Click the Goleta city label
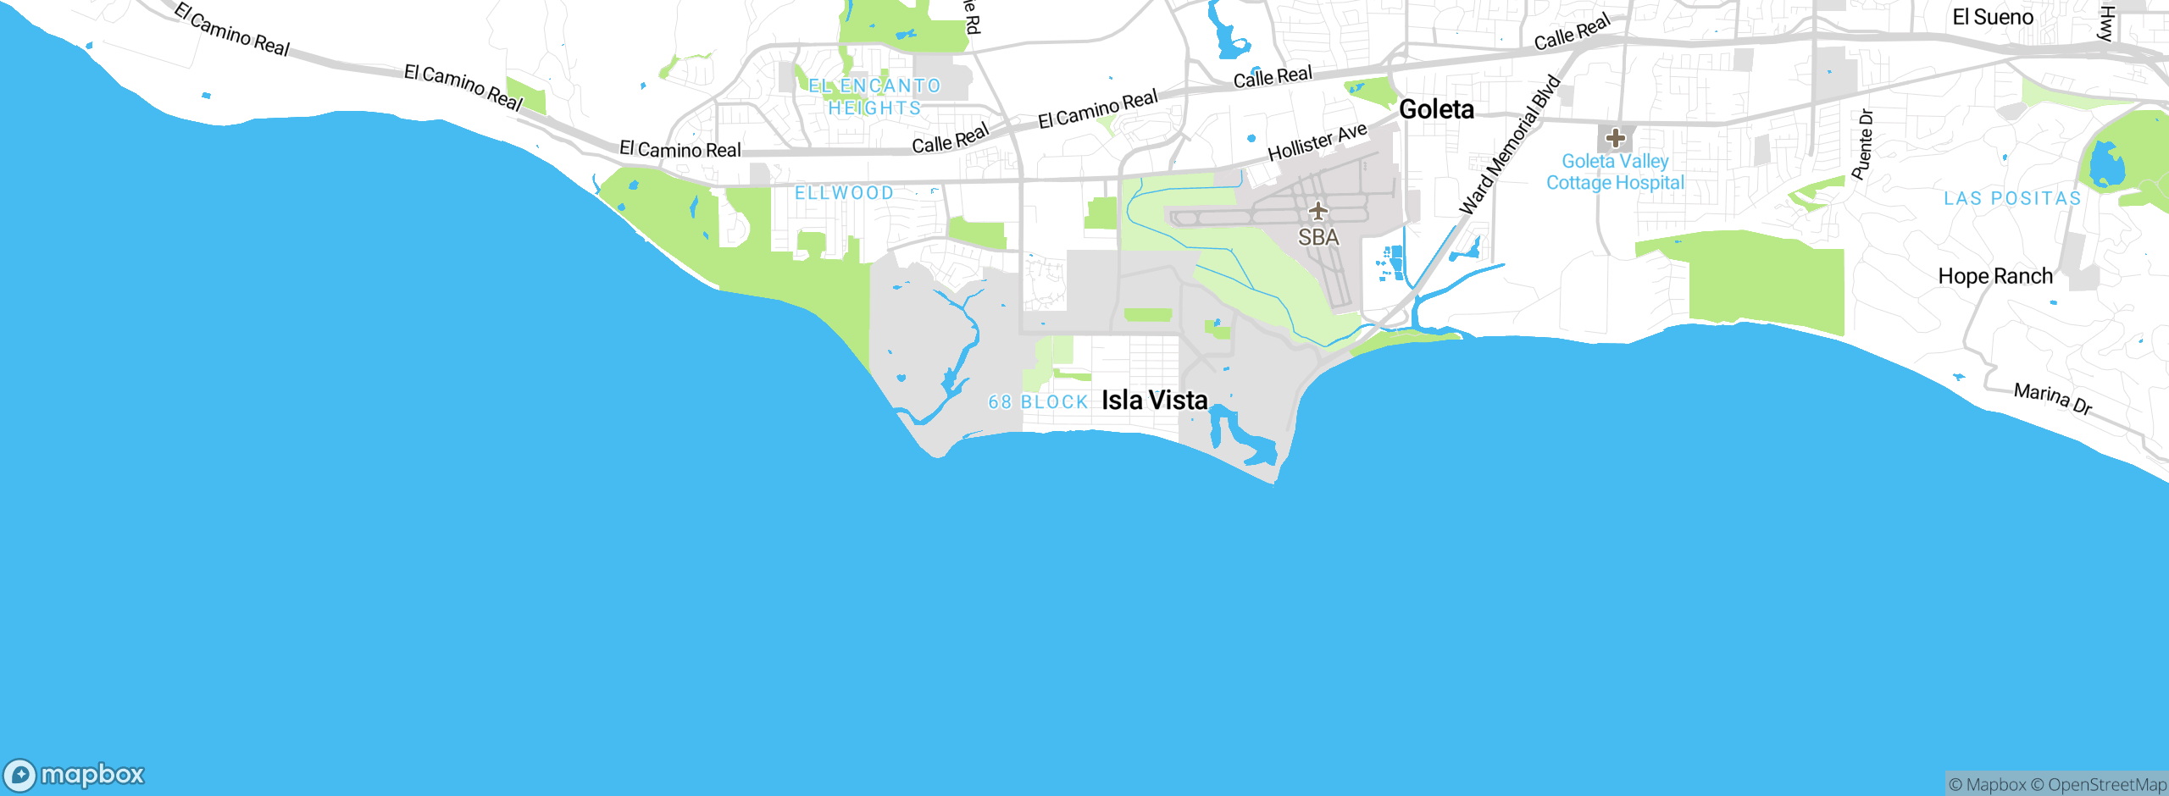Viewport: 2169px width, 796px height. tap(1436, 109)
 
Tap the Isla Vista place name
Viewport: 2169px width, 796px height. tap(1154, 400)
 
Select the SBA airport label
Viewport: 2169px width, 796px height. tap(1318, 238)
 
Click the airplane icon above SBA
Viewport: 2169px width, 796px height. tap(1318, 210)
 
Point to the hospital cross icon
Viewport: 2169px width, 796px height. tap(1615, 138)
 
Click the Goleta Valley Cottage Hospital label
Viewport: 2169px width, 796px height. tap(1615, 172)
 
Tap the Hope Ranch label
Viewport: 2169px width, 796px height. tap(1995, 277)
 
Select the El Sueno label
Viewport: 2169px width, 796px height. tap(1992, 18)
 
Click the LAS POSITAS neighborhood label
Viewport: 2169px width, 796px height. tap(2012, 199)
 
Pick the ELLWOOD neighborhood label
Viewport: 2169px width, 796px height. tap(844, 193)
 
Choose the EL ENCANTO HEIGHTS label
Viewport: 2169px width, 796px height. tap(874, 97)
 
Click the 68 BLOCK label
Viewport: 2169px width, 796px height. tap(1038, 402)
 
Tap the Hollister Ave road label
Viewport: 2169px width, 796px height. tap(1317, 141)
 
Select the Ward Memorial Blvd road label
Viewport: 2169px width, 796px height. tap(1509, 145)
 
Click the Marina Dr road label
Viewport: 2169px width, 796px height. tap(2052, 398)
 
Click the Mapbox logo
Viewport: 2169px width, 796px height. tap(75, 774)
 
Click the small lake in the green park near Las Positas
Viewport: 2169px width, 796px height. tap(2106, 165)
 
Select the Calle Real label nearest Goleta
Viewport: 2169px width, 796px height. tap(1272, 77)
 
